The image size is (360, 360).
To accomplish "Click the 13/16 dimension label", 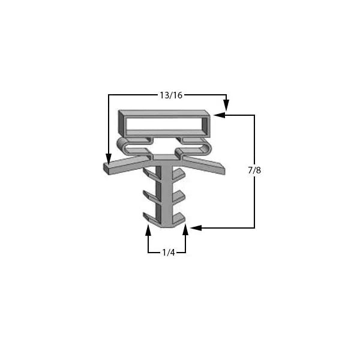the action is pyautogui.click(x=171, y=95).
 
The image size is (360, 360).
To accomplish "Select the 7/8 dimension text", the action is pyautogui.click(x=254, y=170).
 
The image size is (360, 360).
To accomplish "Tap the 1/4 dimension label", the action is pyautogui.click(x=169, y=253).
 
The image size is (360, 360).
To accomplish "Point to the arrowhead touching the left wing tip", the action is pyautogui.click(x=109, y=159).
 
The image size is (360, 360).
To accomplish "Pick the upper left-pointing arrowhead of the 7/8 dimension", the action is pyautogui.click(x=219, y=115).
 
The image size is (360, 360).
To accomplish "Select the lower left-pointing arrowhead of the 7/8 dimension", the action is pyautogui.click(x=196, y=228).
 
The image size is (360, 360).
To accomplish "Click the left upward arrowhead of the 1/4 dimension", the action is pyautogui.click(x=148, y=230).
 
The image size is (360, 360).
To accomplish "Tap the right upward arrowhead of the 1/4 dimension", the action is pyautogui.click(x=185, y=230).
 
